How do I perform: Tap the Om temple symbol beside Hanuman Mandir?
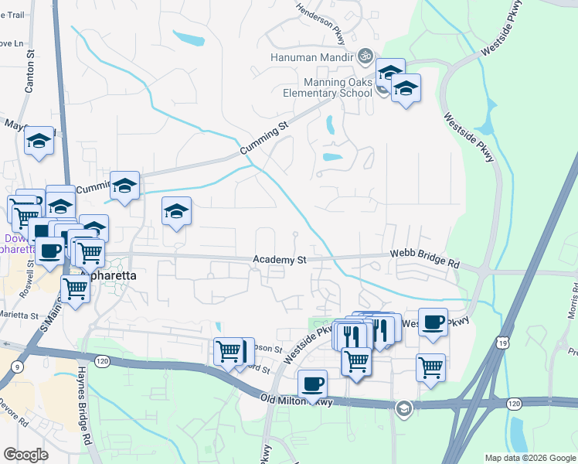[365, 56]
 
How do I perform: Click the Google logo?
[26, 455]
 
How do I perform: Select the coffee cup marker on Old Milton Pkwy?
[312, 384]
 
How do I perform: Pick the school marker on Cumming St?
[124, 186]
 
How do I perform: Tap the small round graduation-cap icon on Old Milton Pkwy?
[403, 408]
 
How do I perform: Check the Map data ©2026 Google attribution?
[529, 458]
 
